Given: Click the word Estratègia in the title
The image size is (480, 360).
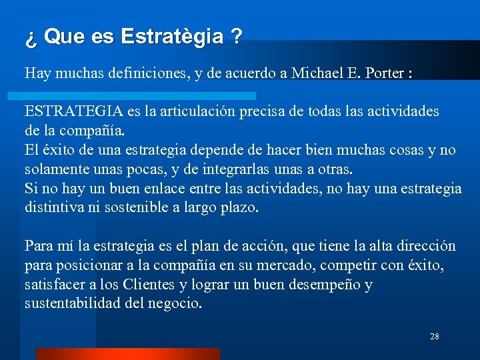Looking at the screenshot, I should click(172, 37).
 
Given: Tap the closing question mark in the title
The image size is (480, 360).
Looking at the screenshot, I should click(237, 37).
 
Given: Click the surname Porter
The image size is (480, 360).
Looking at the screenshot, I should click(384, 73).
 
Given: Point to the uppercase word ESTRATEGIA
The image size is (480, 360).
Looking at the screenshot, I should click(65, 111).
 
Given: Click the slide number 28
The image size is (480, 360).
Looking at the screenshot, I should click(435, 337).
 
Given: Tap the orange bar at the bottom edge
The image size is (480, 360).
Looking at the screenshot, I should click(127, 354).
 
